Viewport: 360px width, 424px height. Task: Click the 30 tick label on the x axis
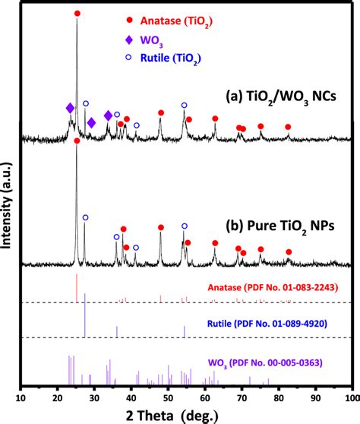(x=94, y=396)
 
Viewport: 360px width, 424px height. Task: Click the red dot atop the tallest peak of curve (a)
(x=77, y=14)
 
